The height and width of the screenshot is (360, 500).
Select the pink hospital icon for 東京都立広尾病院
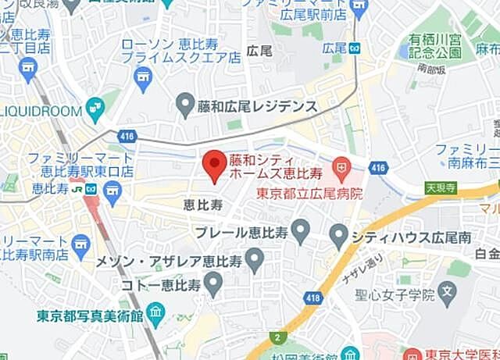coord(341,166)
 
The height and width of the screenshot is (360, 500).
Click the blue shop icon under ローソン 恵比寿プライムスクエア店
coord(142,75)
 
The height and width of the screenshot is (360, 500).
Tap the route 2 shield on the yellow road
coord(277,336)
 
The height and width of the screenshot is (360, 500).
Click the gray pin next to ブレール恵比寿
coord(301,230)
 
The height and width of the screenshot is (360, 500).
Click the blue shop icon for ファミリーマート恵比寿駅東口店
coord(113,189)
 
